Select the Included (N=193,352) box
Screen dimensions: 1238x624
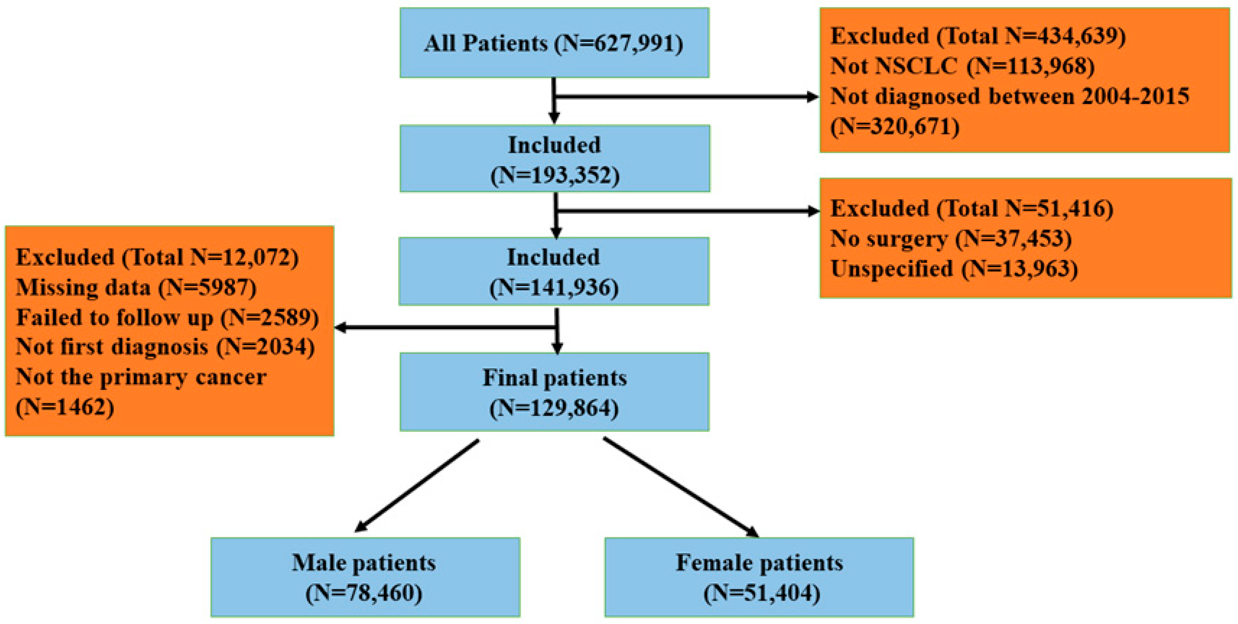point(555,159)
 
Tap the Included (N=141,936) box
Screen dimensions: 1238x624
point(554,271)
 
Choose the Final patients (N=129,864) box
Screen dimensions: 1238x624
point(555,392)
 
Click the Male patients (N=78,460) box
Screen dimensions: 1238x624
point(365,577)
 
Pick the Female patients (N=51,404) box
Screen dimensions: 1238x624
point(759,577)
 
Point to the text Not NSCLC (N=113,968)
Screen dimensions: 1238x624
point(963,66)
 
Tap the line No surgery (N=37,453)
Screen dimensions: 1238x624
point(951,238)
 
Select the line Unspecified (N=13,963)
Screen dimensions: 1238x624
point(954,269)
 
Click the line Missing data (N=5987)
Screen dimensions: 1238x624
point(136,288)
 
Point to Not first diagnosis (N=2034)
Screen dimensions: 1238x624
point(165,347)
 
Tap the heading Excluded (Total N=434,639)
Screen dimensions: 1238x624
point(978,36)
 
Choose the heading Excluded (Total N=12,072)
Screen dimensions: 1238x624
point(157,257)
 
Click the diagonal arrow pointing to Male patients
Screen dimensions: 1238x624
point(417,486)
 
